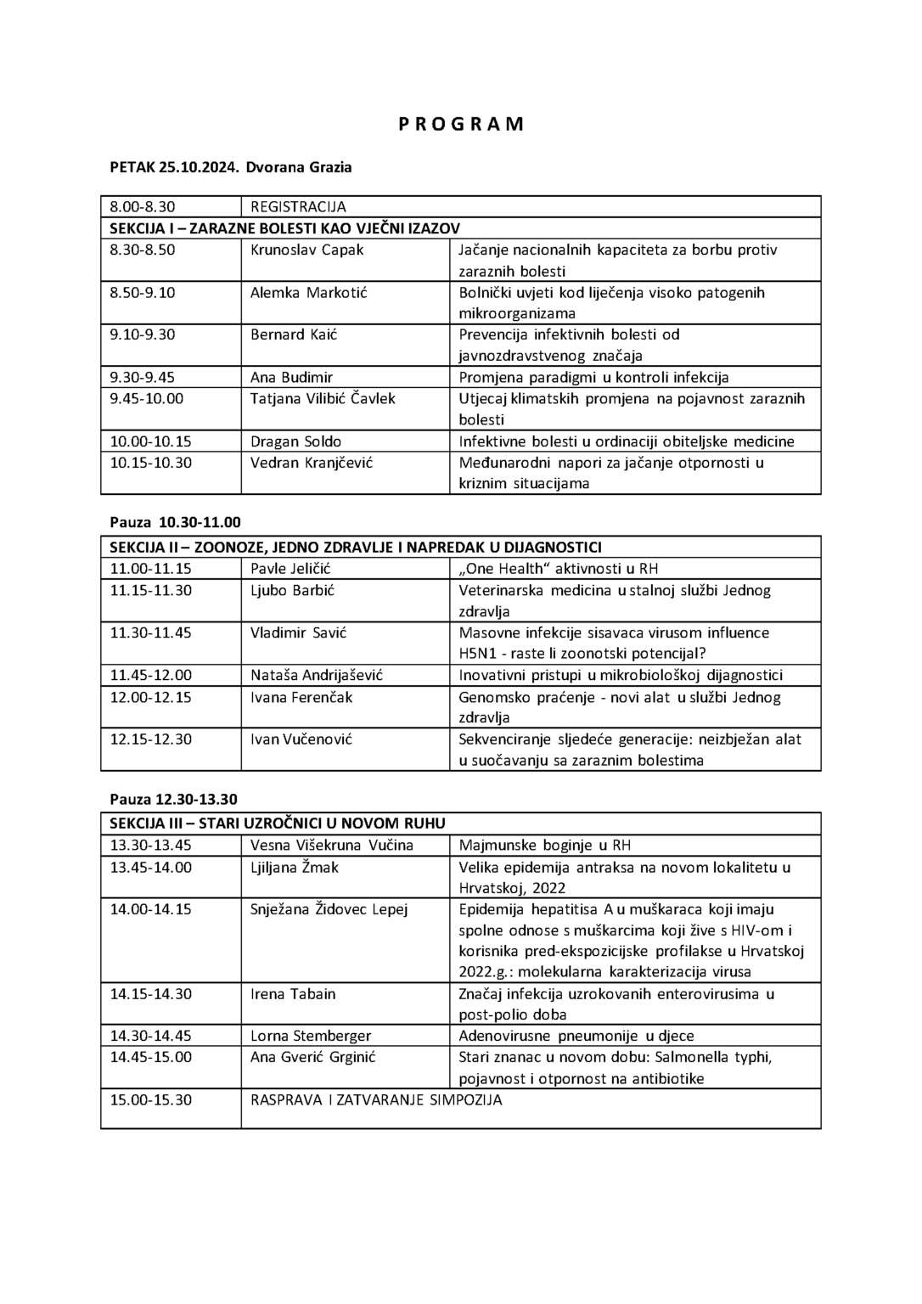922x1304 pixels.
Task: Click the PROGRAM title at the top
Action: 461,124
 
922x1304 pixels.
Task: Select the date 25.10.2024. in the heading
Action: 199,167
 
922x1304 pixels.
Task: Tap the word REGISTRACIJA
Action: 298,206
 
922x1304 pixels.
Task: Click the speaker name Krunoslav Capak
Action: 306,250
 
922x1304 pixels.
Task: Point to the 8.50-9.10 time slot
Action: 143,292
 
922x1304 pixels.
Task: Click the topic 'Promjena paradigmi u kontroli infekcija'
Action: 593,377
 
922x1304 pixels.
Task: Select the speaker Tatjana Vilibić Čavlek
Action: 323,398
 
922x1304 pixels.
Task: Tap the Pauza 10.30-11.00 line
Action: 176,522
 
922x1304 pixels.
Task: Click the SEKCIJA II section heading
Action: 356,547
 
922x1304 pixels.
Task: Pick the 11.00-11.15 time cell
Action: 151,569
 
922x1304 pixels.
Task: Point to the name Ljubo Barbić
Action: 292,590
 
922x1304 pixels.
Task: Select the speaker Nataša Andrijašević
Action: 317,675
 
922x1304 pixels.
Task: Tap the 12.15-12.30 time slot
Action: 151,739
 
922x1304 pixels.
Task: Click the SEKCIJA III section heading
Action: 278,823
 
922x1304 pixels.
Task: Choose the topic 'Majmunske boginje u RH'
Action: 544,845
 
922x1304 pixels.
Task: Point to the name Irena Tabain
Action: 293,993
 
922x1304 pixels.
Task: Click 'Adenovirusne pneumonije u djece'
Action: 576,1036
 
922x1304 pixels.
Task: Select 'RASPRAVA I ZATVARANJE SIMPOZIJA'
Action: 376,1099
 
